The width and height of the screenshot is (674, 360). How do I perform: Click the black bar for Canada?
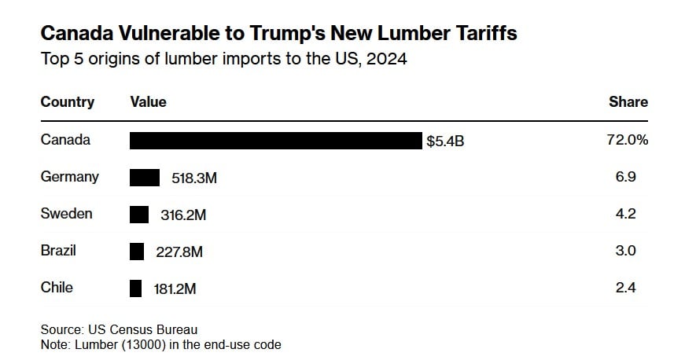(275, 141)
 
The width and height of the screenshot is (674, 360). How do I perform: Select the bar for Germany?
(145, 178)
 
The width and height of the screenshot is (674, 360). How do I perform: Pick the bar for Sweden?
(139, 215)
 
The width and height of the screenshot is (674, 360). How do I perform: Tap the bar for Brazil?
(137, 252)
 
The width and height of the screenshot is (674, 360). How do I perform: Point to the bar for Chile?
(135, 288)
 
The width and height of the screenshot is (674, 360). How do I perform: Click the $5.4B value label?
(445, 142)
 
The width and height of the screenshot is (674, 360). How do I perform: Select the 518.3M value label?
(193, 178)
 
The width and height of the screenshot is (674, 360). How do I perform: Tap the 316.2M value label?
(183, 215)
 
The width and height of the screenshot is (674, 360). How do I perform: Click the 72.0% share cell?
(628, 140)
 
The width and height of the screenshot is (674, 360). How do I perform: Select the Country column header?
(68, 102)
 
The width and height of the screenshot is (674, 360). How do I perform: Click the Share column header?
(628, 102)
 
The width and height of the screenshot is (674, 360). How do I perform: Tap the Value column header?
(148, 102)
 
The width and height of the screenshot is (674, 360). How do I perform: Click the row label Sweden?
(67, 214)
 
